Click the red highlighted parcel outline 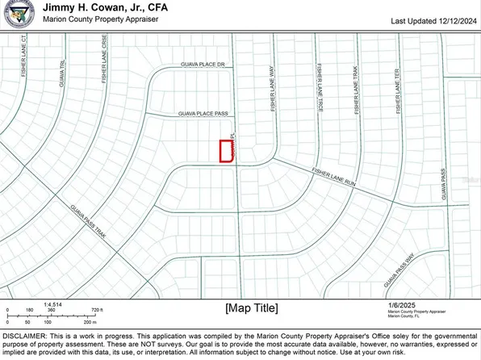click(227, 152)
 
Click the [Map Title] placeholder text click(251, 308)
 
